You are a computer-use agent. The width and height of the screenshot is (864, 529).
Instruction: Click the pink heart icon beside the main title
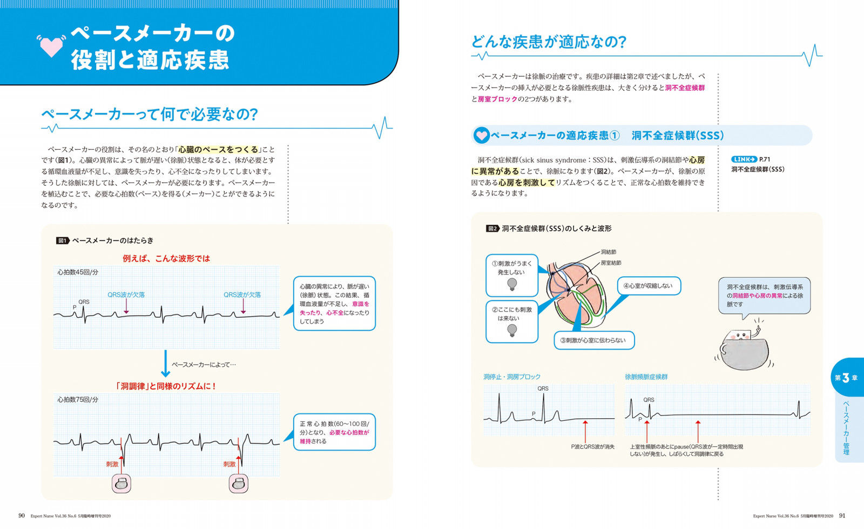click(51, 46)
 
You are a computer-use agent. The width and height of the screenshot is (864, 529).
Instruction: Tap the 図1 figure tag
click(63, 241)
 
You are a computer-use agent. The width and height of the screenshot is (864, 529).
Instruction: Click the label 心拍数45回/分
click(78, 272)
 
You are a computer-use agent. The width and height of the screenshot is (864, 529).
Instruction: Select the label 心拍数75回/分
click(78, 400)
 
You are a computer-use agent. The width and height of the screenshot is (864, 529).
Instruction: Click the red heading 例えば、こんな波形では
click(166, 258)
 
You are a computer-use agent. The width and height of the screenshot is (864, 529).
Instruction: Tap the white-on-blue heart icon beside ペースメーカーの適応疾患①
click(481, 136)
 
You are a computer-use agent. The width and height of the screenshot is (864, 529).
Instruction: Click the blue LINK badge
click(744, 159)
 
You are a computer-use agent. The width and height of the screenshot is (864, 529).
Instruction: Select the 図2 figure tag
click(492, 229)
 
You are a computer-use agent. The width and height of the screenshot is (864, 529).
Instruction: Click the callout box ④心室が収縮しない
click(649, 286)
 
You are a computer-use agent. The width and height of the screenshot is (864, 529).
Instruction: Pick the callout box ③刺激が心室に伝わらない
click(595, 340)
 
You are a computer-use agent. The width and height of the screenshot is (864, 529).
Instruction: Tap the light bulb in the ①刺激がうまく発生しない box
click(512, 285)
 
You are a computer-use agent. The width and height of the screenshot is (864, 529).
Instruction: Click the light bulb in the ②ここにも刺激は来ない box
click(512, 330)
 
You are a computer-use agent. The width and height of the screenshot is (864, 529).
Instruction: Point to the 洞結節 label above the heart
click(608, 252)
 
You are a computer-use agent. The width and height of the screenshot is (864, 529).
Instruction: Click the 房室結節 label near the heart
click(611, 263)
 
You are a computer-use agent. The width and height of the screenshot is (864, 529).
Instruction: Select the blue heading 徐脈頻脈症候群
click(646, 377)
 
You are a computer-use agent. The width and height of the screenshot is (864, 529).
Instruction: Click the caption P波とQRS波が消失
click(592, 447)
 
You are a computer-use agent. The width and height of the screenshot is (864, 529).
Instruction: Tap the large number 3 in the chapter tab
click(846, 378)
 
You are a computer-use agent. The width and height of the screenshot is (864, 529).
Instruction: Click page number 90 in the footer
click(22, 516)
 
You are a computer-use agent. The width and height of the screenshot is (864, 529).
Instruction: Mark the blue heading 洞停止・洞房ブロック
click(512, 377)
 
